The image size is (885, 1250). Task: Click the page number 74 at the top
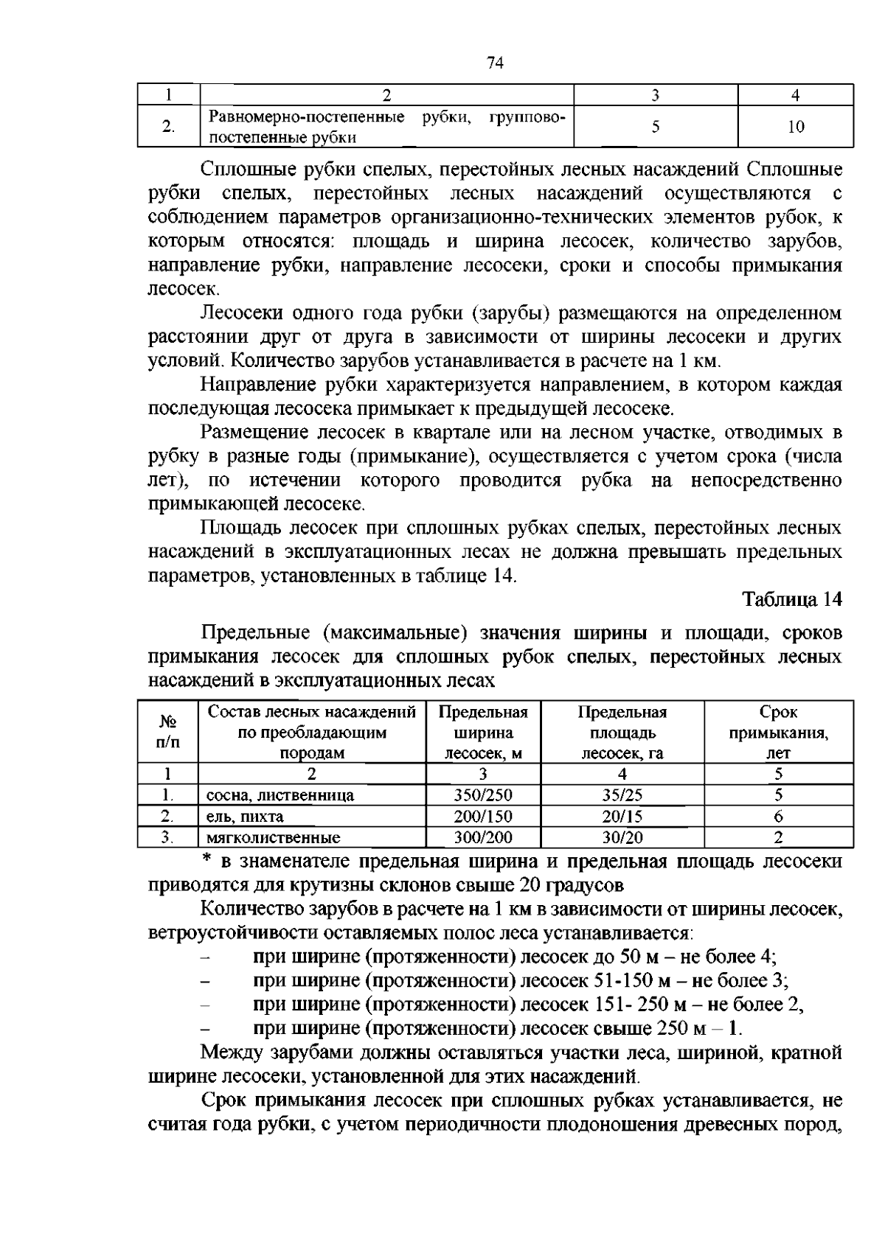(x=495, y=63)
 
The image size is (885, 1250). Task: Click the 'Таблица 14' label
(x=791, y=599)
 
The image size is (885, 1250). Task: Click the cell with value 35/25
(x=622, y=795)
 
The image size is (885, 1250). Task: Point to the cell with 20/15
(x=622, y=817)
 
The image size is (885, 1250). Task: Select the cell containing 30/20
(x=622, y=837)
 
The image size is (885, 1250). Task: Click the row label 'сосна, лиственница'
(x=280, y=796)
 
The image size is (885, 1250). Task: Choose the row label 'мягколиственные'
(x=273, y=838)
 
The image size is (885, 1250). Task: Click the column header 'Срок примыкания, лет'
(x=778, y=733)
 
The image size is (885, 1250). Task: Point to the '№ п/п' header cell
(x=167, y=733)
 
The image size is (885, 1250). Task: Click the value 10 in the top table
(x=795, y=127)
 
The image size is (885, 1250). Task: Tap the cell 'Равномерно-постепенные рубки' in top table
(x=386, y=127)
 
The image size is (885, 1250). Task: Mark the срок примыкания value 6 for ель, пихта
(x=778, y=817)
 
